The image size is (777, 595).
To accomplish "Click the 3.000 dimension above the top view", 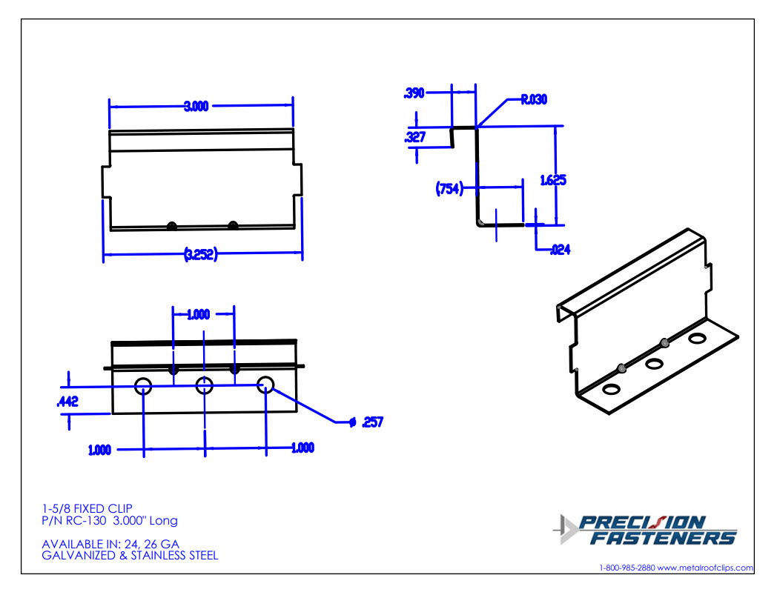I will coord(196,106).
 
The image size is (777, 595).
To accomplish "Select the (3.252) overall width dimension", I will coord(201,255).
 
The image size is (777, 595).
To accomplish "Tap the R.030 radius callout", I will coord(534,99).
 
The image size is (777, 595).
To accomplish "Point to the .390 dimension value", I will coord(414,93).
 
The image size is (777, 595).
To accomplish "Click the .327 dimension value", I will coord(414,137).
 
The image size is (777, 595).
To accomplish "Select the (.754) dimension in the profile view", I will coord(449,189).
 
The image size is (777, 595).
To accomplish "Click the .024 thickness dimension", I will coord(560,250).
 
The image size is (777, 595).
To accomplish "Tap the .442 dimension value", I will coord(68,402).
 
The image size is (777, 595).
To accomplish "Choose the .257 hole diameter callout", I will coord(371,422).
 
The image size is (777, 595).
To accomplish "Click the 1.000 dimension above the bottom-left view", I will coord(198,314).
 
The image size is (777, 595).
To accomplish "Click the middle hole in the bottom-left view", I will coord(204,385).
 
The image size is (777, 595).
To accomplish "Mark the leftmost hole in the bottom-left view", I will coord(143,385).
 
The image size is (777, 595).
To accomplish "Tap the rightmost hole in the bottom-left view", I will coord(265,385).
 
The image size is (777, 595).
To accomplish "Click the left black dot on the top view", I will coord(172,225).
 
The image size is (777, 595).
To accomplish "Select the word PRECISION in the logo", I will coord(641,522).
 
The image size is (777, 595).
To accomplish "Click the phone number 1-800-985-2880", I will coord(626,568).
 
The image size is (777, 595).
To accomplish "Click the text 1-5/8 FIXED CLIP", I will coord(87,508).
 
